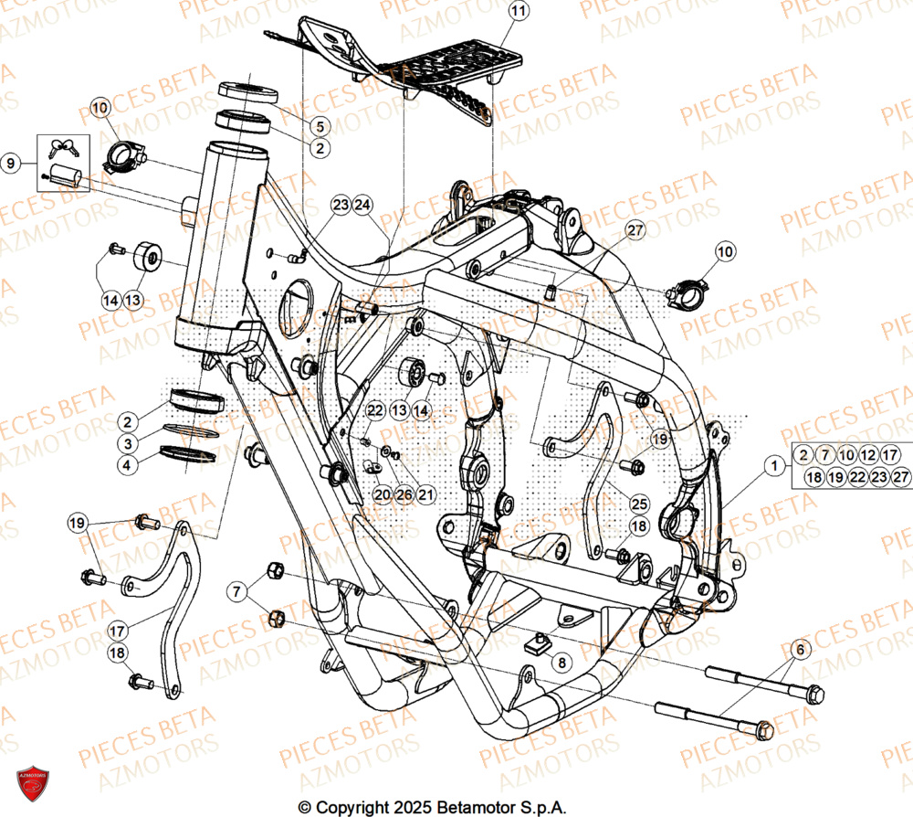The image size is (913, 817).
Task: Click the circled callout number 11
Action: coord(518,12)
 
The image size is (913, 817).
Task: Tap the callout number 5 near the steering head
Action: coord(320,126)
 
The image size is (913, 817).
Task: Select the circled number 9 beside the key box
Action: coord(11,164)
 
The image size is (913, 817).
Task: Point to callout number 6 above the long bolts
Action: coord(800,650)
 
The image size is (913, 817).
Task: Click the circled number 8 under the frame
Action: coord(560,663)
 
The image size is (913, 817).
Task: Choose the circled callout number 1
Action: coord(774,466)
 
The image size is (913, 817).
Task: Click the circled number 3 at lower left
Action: coord(130,443)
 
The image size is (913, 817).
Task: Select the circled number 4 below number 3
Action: coord(130,464)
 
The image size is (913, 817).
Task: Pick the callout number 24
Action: coord(362,205)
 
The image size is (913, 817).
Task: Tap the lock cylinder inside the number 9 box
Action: coord(66,175)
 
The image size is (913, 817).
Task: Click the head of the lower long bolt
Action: coord(764,728)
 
